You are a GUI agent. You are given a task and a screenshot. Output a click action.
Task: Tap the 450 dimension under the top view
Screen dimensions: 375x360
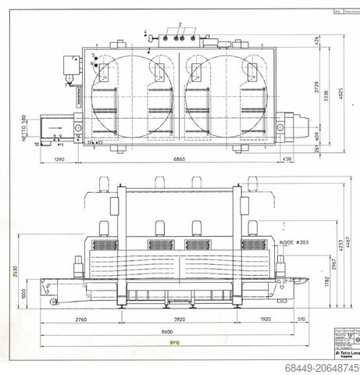click(x=287, y=159)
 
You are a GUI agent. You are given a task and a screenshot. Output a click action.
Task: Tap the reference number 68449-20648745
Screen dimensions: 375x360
click(x=323, y=367)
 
